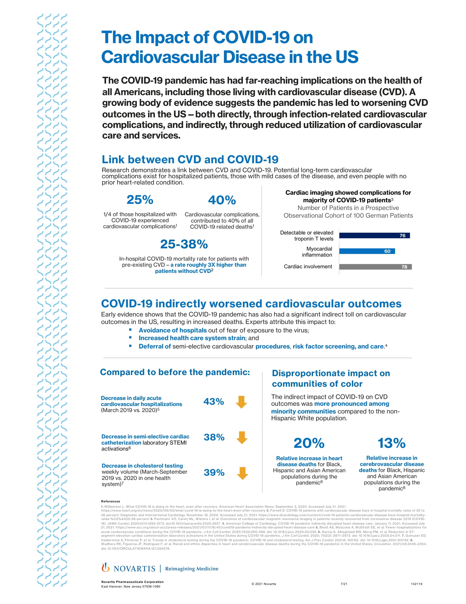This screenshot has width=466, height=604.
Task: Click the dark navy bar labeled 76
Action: [x=374, y=235]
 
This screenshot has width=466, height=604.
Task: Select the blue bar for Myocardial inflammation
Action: [x=366, y=251]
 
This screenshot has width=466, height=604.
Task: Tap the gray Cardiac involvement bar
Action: [x=375, y=267]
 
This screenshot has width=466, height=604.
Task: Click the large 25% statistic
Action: [x=140, y=200]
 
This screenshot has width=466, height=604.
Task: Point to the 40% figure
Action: [x=222, y=200]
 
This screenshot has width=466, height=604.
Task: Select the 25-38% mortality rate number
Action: [x=184, y=244]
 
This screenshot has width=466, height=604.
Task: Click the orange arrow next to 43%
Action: [x=241, y=402]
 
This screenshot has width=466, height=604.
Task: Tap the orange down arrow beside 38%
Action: [x=241, y=438]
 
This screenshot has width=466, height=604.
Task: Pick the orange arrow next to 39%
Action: [x=242, y=473]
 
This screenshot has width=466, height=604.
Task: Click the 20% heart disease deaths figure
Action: [x=309, y=443]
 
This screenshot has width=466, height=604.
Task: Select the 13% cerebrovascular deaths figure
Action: [x=391, y=443]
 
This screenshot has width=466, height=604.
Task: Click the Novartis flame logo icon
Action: [x=105, y=567]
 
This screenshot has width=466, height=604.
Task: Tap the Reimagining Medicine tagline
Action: [x=192, y=569]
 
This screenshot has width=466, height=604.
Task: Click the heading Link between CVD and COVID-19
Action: [x=190, y=160]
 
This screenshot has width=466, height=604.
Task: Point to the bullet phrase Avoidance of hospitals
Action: [x=172, y=330]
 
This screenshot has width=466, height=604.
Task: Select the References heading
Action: [x=110, y=501]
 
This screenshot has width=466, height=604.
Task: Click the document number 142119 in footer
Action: [x=416, y=584]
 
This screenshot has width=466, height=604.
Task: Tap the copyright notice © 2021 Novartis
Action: [x=264, y=584]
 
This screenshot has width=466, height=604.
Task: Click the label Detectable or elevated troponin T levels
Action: [x=306, y=236]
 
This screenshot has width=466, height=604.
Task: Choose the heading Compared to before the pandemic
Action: [x=175, y=372]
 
